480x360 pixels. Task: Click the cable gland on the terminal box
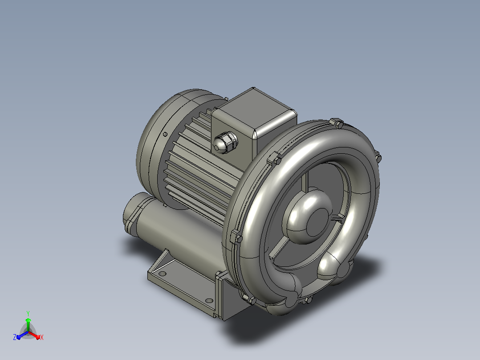225,142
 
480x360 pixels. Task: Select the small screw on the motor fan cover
165,134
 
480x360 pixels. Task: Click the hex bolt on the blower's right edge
378,157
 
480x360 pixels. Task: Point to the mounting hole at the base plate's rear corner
162,273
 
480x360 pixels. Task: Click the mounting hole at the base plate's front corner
209,301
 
